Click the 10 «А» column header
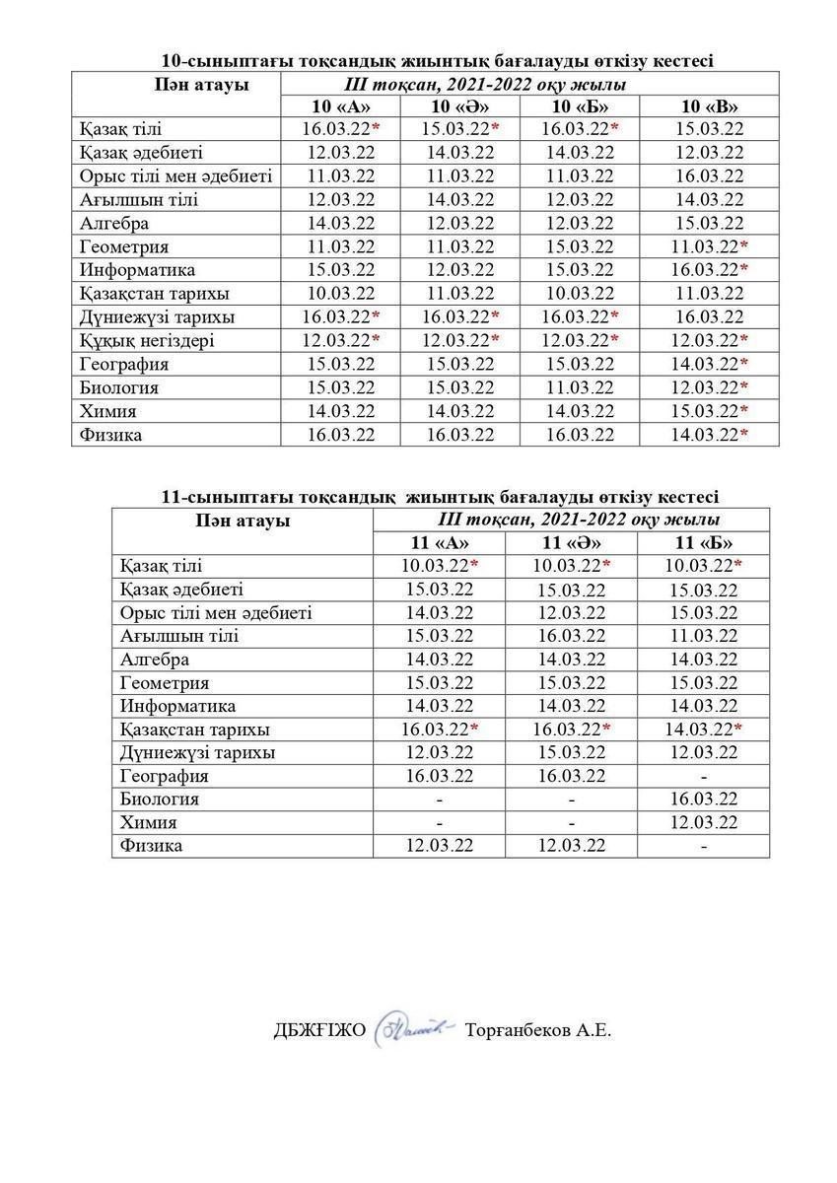[340, 106]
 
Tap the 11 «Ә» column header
[571, 542]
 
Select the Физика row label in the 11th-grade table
[152, 845]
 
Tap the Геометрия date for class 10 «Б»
[581, 246]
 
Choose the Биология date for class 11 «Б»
[704, 799]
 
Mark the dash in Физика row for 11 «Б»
[704, 845]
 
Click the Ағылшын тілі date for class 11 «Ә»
[571, 636]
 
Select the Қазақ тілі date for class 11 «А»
[439, 566]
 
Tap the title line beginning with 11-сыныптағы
[440, 496]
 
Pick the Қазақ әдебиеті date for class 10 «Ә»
[460, 152]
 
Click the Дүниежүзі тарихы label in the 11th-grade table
[197, 752]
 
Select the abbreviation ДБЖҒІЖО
[319, 1031]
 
